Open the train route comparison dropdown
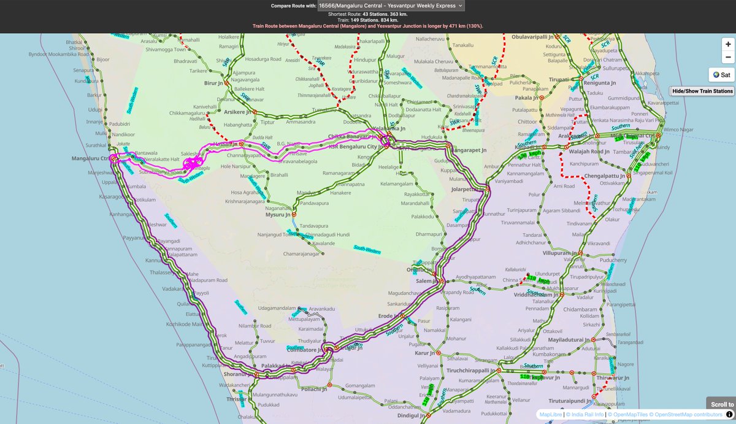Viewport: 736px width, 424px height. click(391, 6)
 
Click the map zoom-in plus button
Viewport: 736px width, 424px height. click(727, 44)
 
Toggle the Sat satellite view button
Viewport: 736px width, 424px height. click(721, 75)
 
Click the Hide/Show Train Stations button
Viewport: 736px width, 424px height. click(703, 91)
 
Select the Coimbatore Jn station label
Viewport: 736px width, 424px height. click(306, 350)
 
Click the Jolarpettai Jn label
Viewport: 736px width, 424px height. click(464, 190)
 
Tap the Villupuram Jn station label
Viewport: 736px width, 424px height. click(561, 253)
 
